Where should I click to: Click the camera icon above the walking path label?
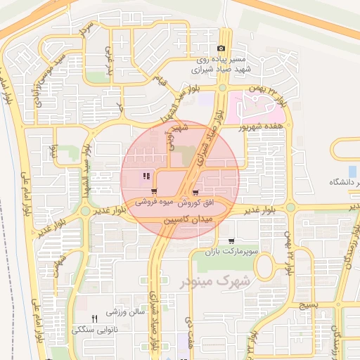pos(221,49)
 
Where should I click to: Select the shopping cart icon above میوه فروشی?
pos(153,191)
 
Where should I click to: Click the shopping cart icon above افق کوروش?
pos(195,191)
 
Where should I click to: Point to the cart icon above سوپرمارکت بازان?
pos(231,241)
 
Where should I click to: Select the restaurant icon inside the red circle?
pos(146,176)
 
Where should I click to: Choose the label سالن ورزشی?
pos(125,310)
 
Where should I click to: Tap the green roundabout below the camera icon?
pos(222,88)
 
